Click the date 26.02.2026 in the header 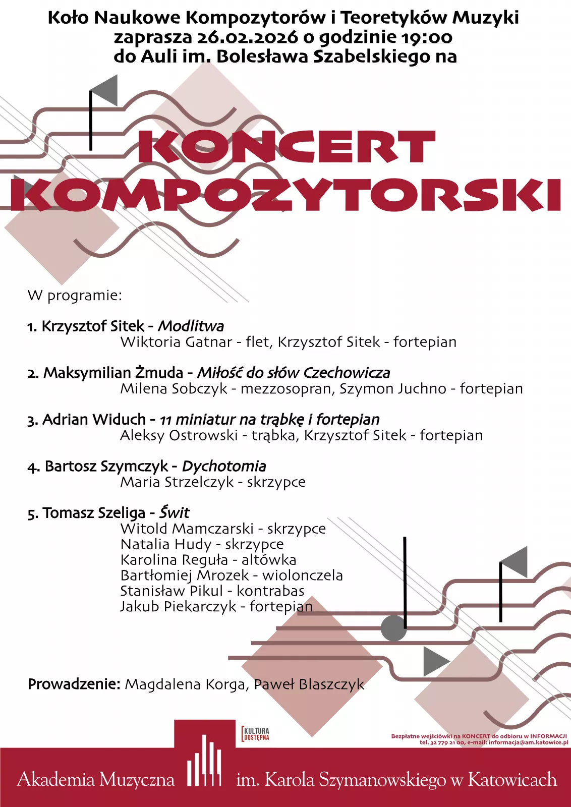click(247, 37)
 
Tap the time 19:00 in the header click(427, 37)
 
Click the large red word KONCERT click(286, 147)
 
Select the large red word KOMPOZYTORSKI click(286, 195)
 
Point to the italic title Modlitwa click(191, 326)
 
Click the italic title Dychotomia click(224, 466)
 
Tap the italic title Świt click(175, 512)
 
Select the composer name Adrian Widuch click(94, 419)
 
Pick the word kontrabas click(271, 591)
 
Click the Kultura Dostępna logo click(256, 734)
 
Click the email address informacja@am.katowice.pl click(528, 742)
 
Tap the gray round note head click(393, 628)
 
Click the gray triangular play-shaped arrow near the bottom click(435, 661)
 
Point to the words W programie click(75, 295)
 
